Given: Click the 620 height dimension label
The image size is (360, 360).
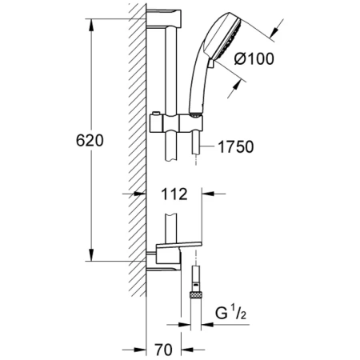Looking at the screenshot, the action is (x=90, y=140).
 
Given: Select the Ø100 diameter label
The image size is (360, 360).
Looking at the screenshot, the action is (x=254, y=58).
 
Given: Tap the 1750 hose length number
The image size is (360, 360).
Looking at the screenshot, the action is (x=236, y=147).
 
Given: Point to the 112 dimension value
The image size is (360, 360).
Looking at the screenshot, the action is (x=174, y=194).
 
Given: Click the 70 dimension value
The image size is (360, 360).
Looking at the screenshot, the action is (x=163, y=350).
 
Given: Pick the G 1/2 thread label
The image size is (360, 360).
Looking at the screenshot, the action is (x=231, y=313).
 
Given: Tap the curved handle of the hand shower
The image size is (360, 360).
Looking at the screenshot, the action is (x=197, y=80).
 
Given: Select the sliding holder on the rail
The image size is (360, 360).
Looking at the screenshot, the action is (x=176, y=123).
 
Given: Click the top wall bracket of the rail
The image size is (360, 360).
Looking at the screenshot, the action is (x=164, y=18).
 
